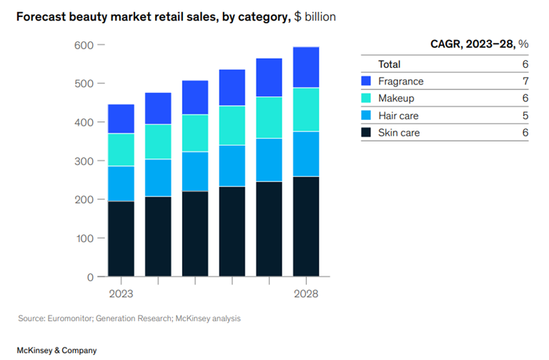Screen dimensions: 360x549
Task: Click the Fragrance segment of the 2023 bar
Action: [x=121, y=119]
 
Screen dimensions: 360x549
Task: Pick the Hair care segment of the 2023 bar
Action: [x=121, y=184]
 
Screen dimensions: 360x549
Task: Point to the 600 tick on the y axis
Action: [x=101, y=45]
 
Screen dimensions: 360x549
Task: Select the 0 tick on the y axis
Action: [x=101, y=276]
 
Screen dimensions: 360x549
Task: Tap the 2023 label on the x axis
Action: [x=120, y=294]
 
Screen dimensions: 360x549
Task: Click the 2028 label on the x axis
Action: [x=305, y=294]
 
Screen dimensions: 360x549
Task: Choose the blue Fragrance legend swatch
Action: [x=367, y=81]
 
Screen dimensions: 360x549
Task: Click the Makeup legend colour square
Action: [x=367, y=98]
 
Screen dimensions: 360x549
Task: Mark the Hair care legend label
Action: [x=399, y=115]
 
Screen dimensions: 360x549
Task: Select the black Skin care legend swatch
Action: [x=367, y=132]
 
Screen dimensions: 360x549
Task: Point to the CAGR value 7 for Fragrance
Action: [x=525, y=81]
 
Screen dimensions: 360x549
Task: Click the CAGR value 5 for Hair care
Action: [x=525, y=115]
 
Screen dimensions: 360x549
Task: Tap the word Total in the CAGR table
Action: [x=390, y=64]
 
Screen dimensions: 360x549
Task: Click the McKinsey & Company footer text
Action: [x=56, y=350]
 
